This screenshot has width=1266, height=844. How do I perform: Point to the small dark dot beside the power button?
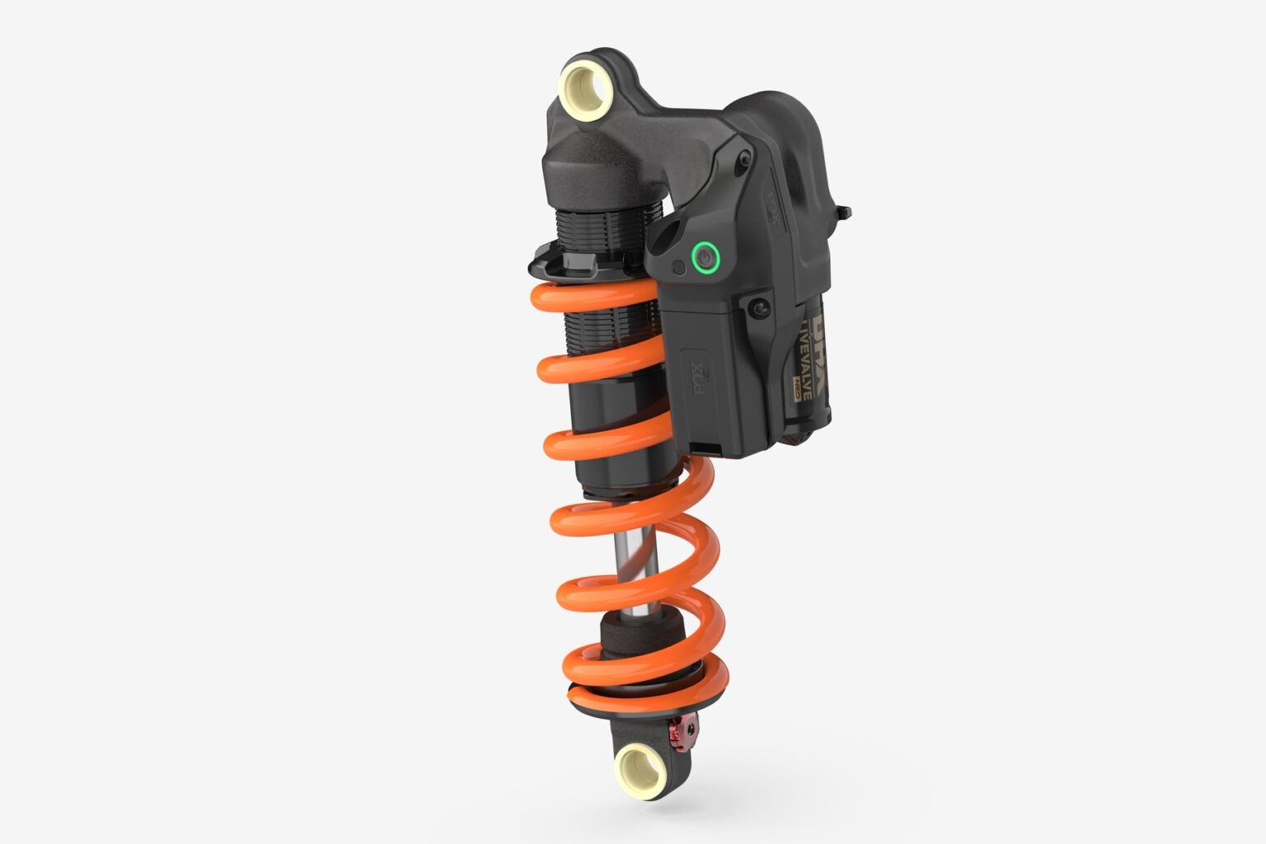point(678,267)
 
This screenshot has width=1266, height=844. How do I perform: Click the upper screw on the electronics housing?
point(745,157)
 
